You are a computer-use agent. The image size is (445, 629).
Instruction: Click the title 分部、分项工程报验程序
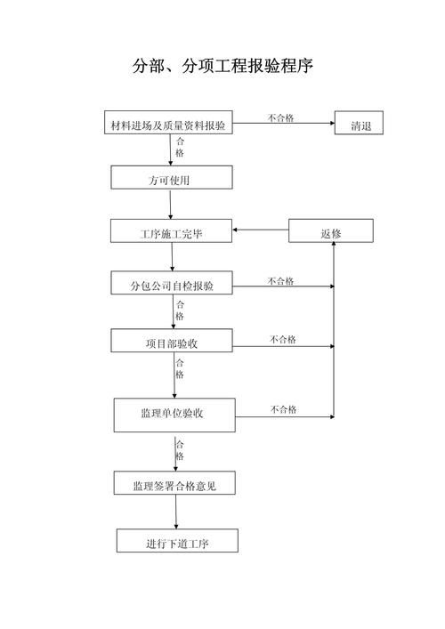click(222, 67)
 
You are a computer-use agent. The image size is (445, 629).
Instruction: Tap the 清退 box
click(359, 125)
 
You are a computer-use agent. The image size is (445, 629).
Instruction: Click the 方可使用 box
click(171, 178)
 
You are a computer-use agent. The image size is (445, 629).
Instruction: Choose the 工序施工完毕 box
click(171, 232)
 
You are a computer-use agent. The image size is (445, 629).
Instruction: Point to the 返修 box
click(331, 232)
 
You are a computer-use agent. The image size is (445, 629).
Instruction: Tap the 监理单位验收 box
click(174, 414)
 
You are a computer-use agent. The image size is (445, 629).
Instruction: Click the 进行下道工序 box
click(177, 541)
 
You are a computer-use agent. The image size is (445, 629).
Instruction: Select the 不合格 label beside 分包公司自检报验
click(281, 281)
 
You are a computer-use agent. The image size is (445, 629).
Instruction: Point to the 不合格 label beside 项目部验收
click(283, 339)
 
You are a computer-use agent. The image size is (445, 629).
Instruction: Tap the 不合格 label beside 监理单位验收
click(284, 409)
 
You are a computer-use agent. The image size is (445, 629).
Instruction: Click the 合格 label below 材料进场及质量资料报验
click(180, 147)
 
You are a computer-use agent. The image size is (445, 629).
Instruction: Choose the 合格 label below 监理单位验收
click(180, 450)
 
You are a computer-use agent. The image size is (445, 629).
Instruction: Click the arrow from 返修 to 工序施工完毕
click(260, 232)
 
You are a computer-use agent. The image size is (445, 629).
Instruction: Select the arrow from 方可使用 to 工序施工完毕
click(170, 205)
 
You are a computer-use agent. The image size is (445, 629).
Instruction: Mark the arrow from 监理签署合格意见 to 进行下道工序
click(176, 512)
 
